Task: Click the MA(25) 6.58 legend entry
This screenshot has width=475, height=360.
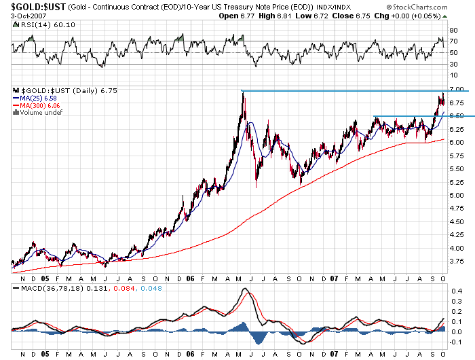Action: (39, 98)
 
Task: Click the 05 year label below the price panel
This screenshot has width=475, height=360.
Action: (45, 278)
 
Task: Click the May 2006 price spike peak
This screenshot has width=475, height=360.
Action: (242, 92)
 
